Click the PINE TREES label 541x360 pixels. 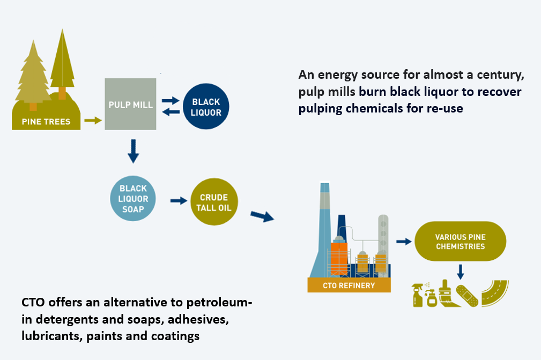[46, 122]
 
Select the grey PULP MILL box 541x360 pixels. [131, 104]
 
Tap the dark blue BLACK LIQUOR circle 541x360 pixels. [206, 107]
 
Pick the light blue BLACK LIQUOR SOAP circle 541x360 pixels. [133, 199]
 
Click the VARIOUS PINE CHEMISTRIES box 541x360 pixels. [460, 242]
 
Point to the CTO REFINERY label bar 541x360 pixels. [349, 286]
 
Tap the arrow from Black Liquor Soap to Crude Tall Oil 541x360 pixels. [176, 201]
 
